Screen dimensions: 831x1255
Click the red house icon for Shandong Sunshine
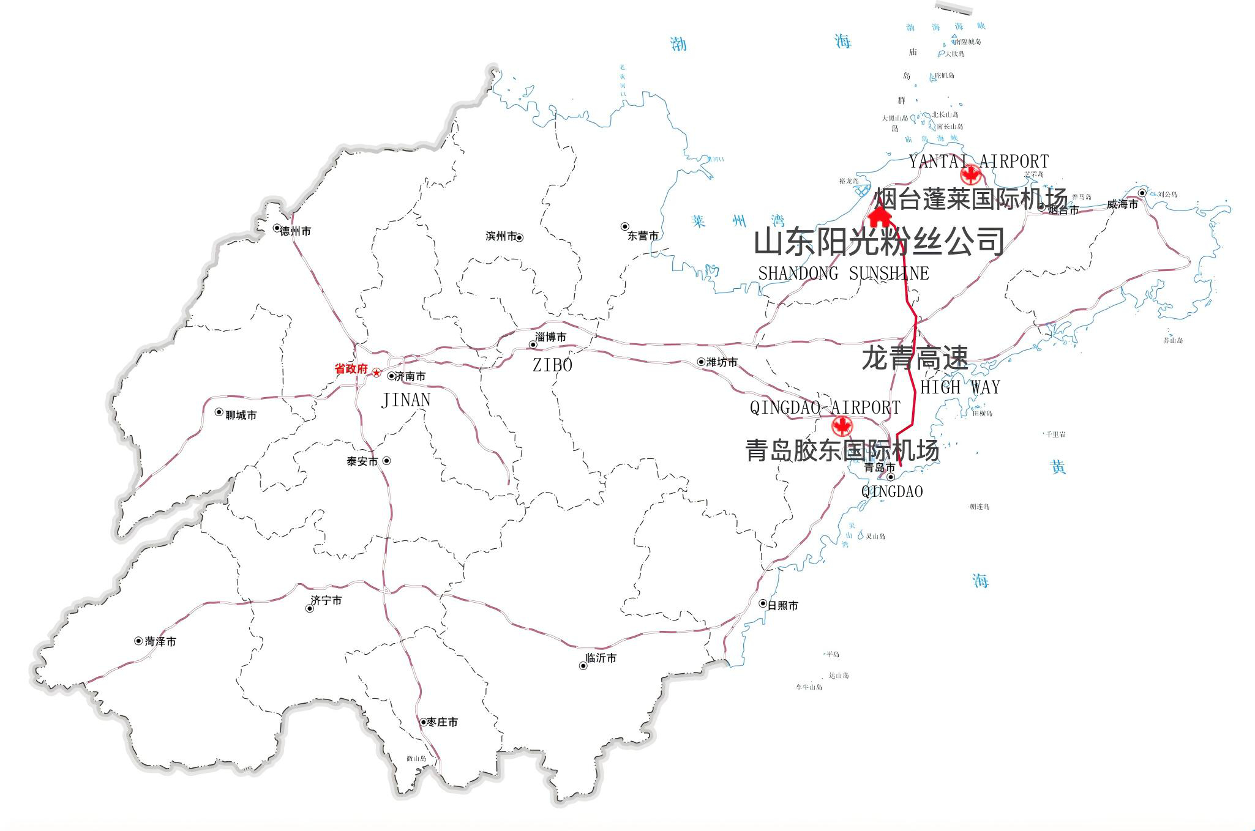[880, 216]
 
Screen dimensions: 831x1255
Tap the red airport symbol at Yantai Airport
[970, 176]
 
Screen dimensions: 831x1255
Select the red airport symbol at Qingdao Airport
[842, 425]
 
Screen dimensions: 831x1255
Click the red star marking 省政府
[376, 373]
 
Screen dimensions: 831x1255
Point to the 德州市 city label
[296, 231]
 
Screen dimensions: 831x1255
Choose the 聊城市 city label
[241, 415]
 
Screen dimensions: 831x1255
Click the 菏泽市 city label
[160, 641]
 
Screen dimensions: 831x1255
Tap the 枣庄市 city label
[442, 722]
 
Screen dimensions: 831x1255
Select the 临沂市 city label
[601, 658]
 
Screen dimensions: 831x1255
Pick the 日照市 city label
[783, 605]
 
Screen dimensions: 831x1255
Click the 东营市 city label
[643, 236]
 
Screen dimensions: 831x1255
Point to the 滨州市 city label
[501, 236]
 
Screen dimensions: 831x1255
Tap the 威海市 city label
[1122, 204]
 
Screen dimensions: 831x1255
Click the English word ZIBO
[552, 365]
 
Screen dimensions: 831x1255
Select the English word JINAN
[406, 400]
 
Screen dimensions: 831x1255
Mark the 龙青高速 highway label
[915, 358]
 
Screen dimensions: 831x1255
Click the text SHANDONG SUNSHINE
[844, 274]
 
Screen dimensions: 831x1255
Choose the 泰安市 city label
[362, 461]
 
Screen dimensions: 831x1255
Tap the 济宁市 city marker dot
[310, 609]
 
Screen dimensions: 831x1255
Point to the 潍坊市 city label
[722, 362]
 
